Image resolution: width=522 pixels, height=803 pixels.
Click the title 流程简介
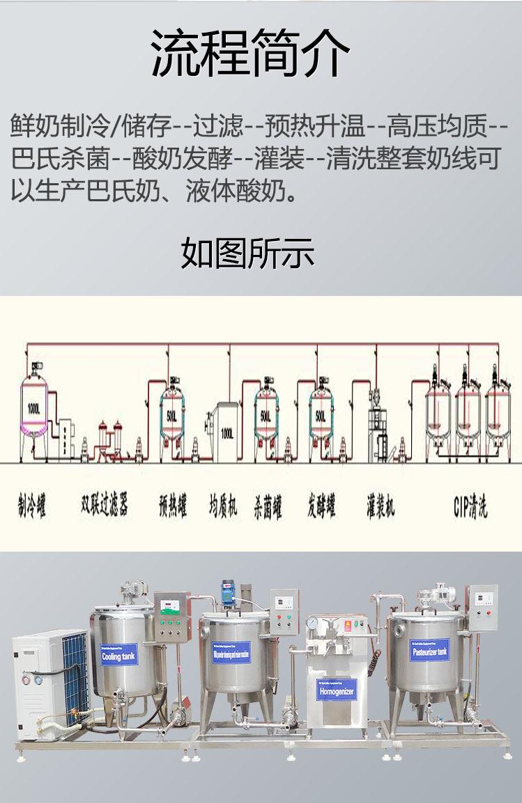point(251,54)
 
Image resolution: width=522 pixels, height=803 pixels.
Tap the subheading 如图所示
point(248,253)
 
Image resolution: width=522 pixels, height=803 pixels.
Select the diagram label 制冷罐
point(32,506)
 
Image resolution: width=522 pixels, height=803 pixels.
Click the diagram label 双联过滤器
point(105,504)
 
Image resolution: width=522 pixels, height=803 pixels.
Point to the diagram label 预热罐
point(173,506)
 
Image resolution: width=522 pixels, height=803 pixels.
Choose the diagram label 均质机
point(223,506)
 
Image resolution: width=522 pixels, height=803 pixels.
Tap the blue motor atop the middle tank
point(227,593)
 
